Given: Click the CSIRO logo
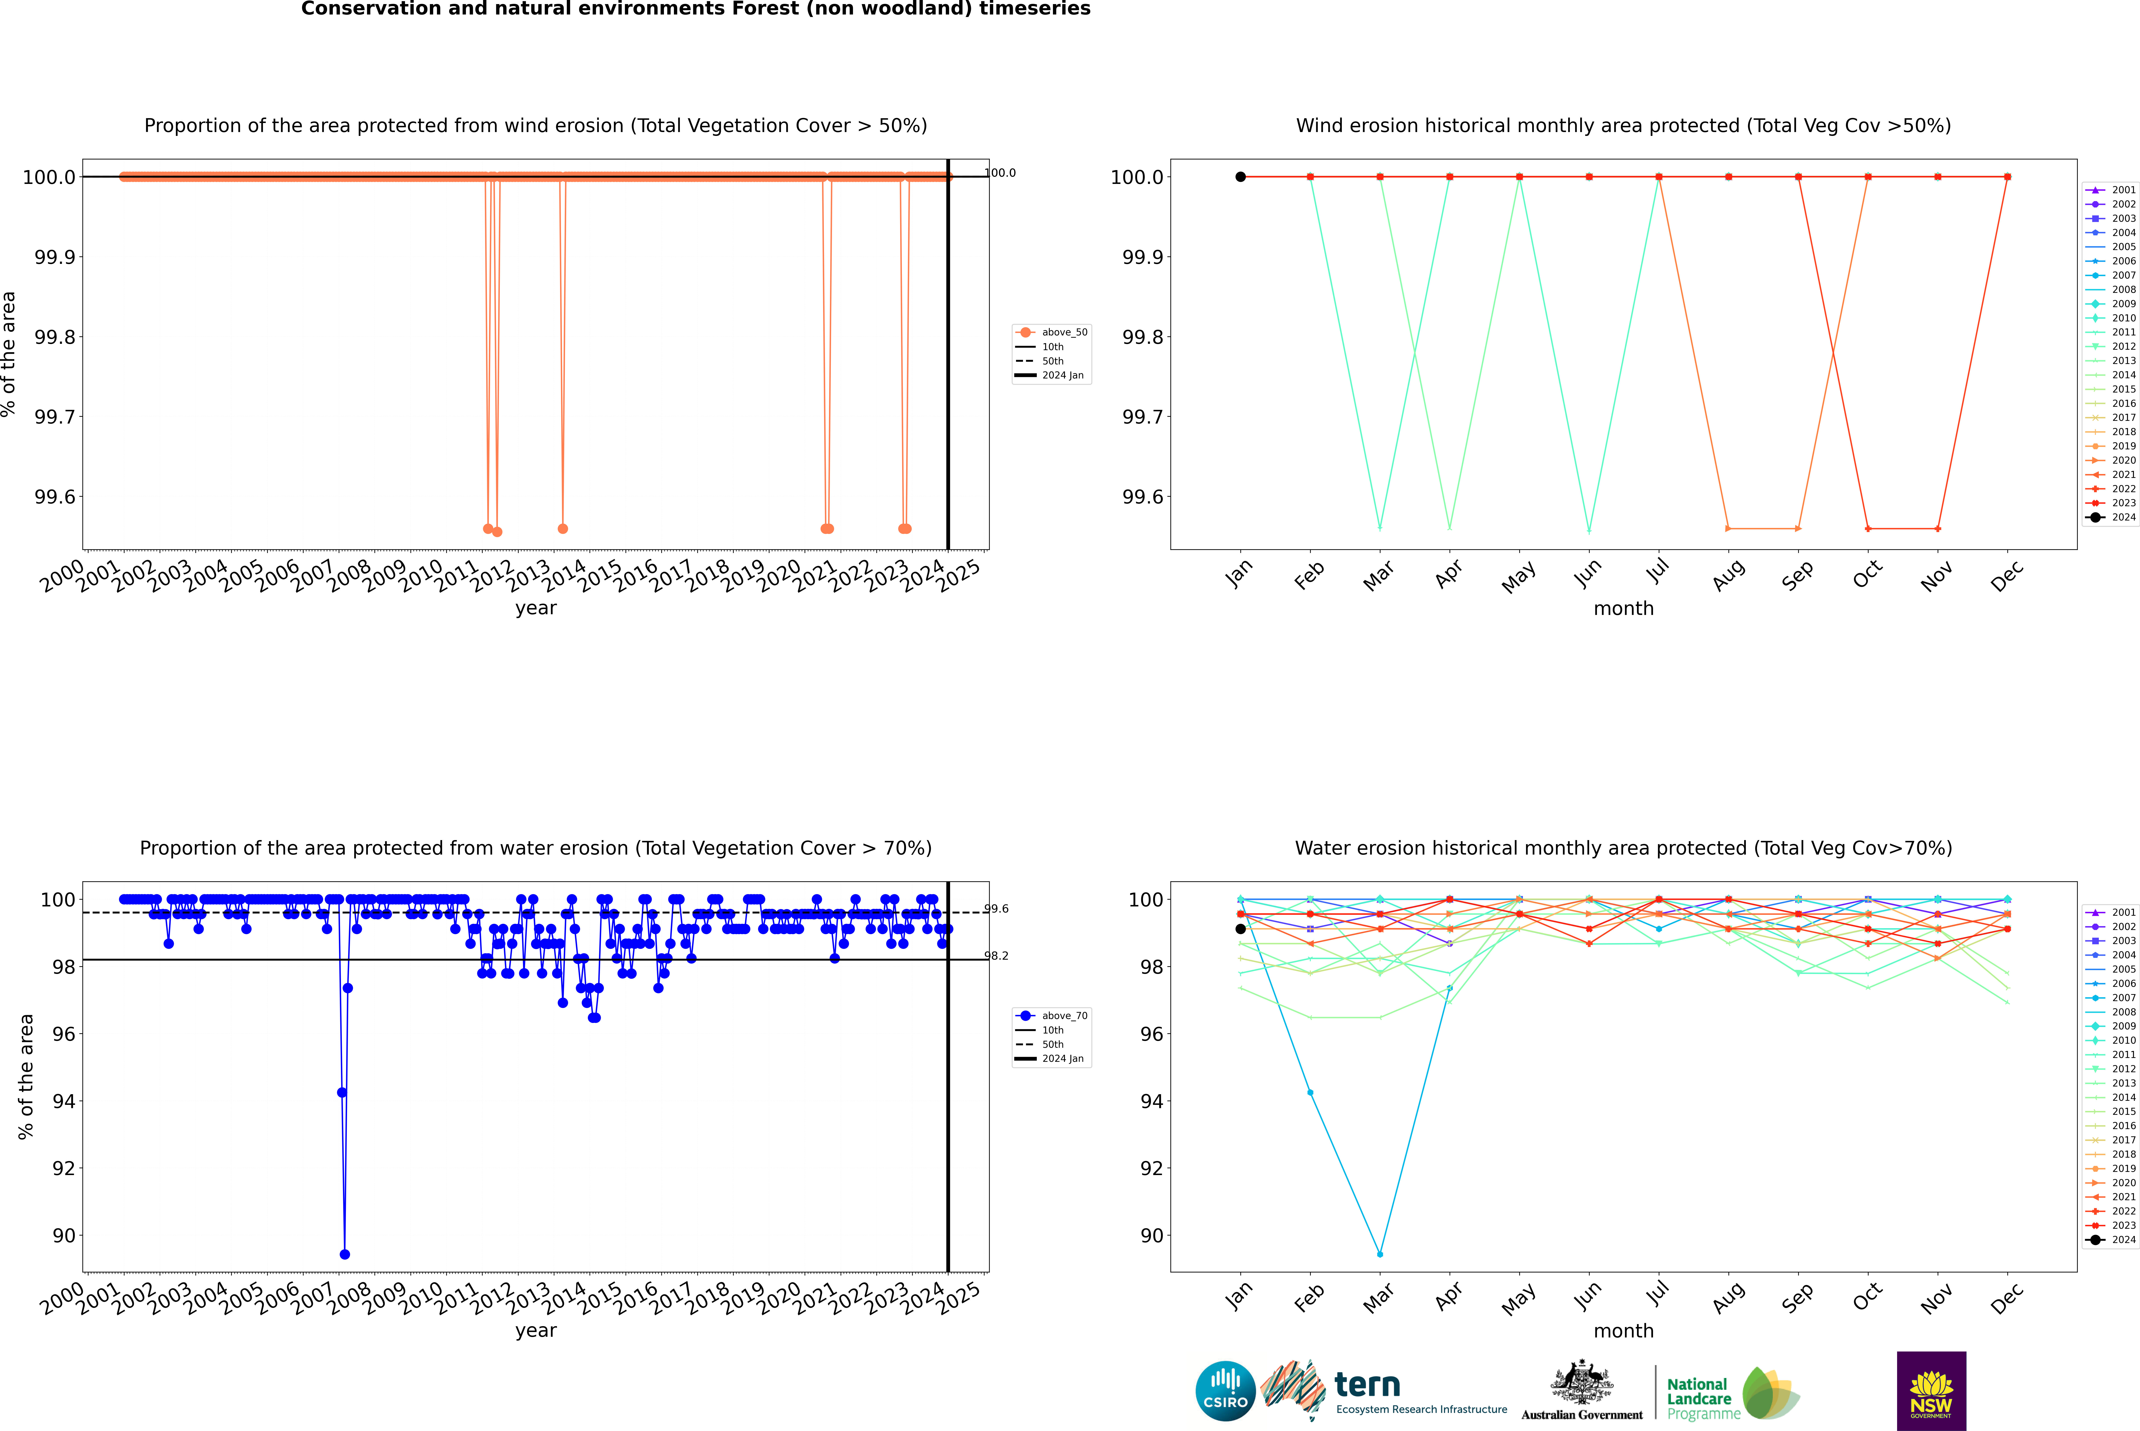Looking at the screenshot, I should coord(1225,1391).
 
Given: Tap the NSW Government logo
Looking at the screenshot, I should coord(1931,1391).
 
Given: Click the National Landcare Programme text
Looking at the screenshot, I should coord(1699,1398).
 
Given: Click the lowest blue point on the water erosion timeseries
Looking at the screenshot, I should coord(345,1254).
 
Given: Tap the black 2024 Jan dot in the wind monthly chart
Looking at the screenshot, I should coord(1241,177).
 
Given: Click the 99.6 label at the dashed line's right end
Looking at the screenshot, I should coord(996,909).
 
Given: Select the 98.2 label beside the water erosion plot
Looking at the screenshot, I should coord(996,956).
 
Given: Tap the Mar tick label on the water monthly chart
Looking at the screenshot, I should coord(1378,1298).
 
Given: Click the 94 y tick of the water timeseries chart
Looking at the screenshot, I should coord(64,1101).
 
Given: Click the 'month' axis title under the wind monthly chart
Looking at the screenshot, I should coord(1623,609).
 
